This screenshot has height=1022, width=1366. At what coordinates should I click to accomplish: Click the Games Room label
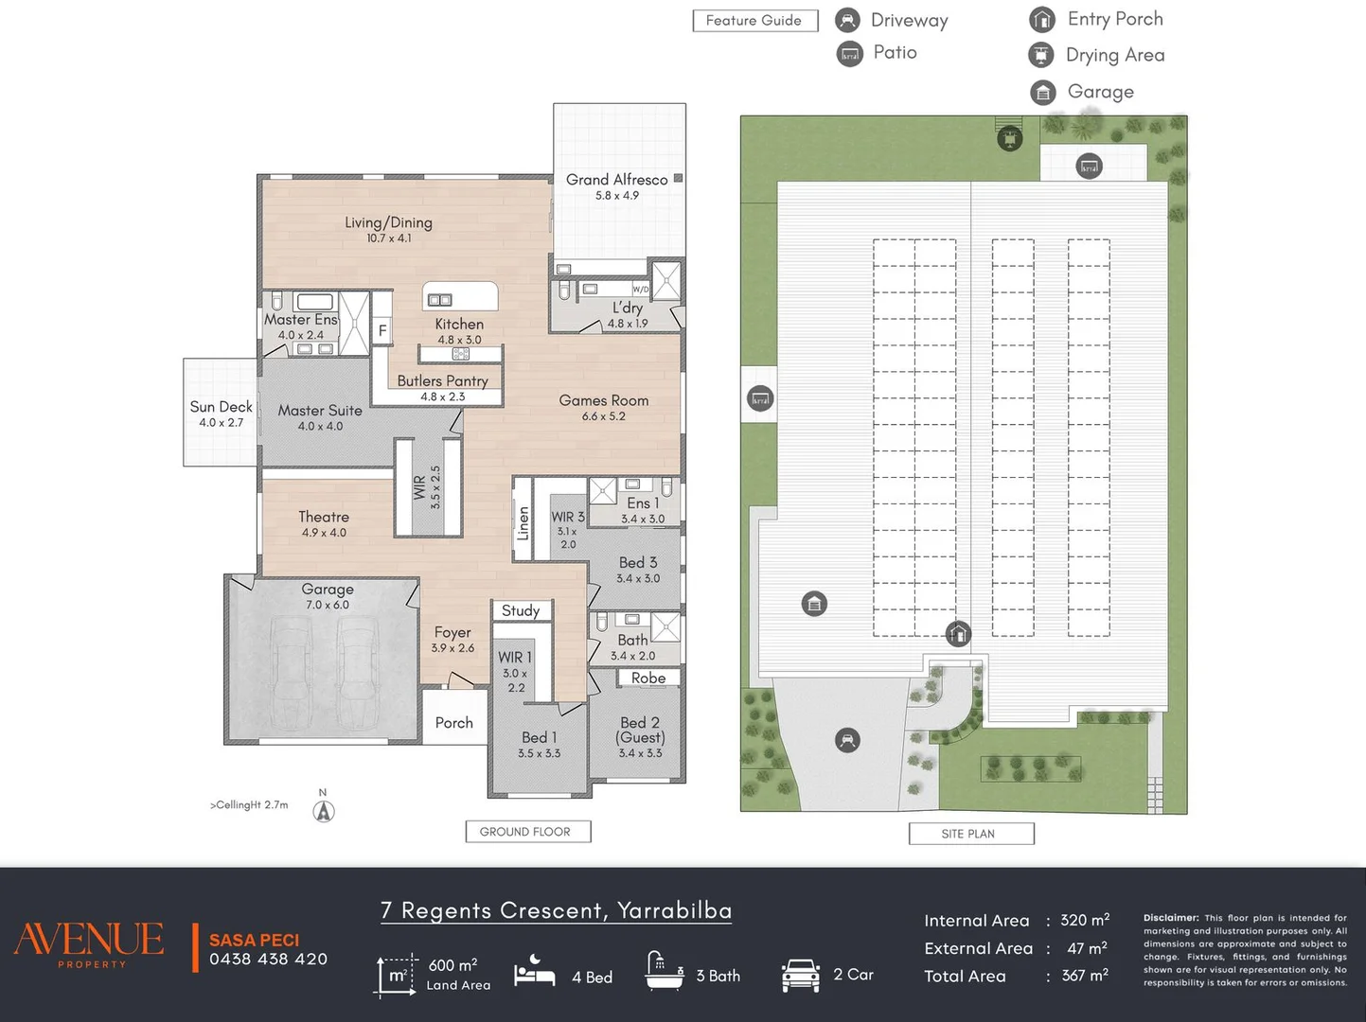[604, 400]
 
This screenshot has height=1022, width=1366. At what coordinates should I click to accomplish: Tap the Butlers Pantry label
[442, 380]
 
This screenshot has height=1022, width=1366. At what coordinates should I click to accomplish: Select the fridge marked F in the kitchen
[382, 329]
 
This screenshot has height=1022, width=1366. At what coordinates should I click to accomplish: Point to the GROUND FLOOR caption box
[528, 832]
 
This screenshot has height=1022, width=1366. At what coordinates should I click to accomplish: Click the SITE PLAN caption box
[971, 834]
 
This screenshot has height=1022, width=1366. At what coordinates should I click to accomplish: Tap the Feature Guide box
[755, 21]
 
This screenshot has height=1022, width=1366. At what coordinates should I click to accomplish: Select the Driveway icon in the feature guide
[847, 20]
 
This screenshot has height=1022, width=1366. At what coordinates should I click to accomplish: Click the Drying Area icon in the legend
[1040, 55]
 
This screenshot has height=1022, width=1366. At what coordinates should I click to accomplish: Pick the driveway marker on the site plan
[847, 740]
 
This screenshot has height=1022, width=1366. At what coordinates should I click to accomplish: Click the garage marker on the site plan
[814, 604]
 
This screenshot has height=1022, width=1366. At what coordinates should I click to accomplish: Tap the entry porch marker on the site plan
[958, 634]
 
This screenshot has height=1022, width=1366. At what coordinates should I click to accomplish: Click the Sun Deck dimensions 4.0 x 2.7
[221, 422]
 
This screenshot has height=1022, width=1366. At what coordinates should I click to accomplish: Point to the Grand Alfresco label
[616, 180]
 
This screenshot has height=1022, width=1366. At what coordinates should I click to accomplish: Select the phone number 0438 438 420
[268, 960]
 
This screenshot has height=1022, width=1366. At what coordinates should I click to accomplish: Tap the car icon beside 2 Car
[800, 975]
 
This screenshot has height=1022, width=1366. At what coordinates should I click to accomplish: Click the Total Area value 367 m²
[1085, 975]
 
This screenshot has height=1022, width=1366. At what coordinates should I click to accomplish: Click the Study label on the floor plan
[521, 610]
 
